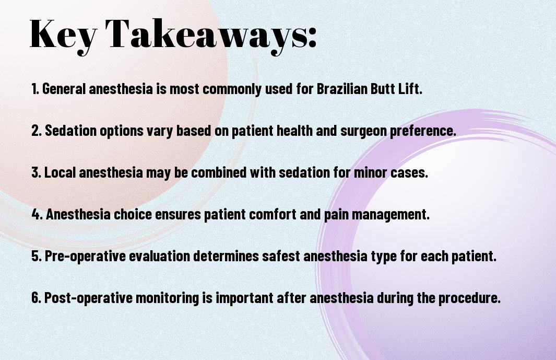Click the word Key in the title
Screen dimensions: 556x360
click(63, 35)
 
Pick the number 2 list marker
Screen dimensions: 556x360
click(37, 130)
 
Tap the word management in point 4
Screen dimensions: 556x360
click(391, 215)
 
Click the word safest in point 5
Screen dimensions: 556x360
click(281, 256)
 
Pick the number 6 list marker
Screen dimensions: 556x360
click(37, 297)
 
